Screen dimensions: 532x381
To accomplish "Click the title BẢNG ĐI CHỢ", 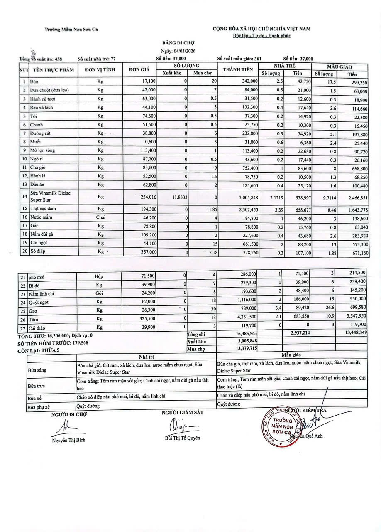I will pyautogui.click(x=178, y=43).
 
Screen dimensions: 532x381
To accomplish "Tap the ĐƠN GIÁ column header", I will pyautogui.click(x=139, y=70).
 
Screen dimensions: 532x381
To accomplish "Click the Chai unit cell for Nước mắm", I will pyautogui.click(x=100, y=217).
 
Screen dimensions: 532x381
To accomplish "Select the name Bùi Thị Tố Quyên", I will pyautogui.click(x=183, y=438).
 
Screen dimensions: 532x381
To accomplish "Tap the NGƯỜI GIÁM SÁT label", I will pyautogui.click(x=183, y=412).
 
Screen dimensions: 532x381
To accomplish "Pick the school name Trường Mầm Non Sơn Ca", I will pyautogui.click(x=72, y=29).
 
